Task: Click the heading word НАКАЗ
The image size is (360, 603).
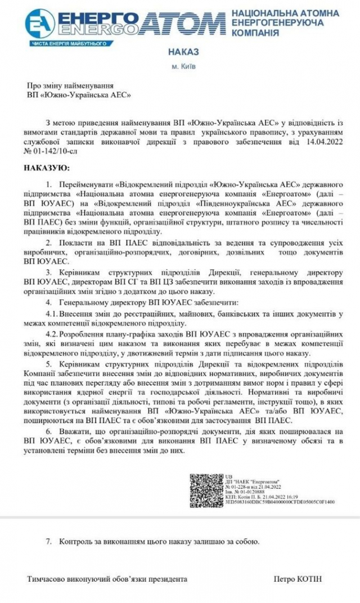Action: (183, 52)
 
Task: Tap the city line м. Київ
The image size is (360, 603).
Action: (184, 66)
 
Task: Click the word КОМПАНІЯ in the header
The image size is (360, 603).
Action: (255, 33)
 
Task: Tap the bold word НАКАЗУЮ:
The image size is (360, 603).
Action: (47, 168)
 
